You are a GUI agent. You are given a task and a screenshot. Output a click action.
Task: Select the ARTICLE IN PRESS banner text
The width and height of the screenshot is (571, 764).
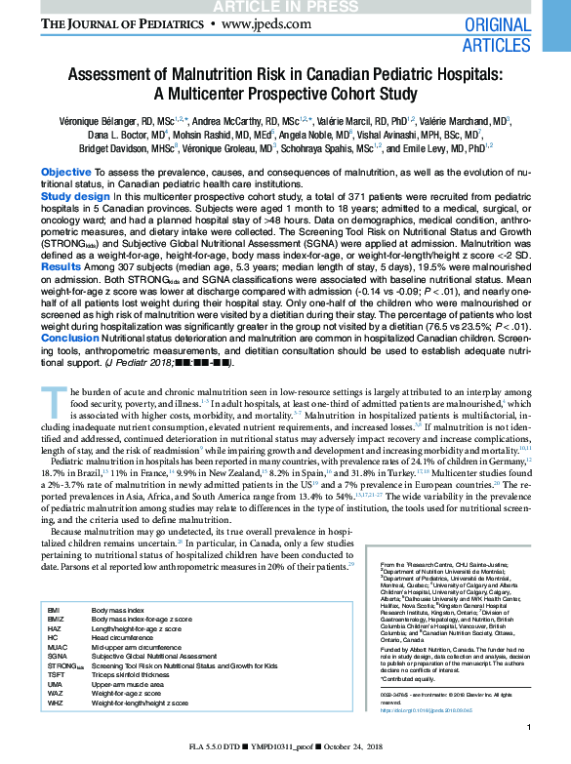click(x=285, y=7)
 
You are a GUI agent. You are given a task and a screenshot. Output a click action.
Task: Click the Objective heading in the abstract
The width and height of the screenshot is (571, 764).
click(x=66, y=172)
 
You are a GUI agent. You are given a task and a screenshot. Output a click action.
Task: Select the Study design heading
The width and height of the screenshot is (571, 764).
click(x=75, y=196)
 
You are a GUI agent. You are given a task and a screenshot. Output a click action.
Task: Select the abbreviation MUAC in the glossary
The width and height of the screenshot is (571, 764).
click(x=58, y=647)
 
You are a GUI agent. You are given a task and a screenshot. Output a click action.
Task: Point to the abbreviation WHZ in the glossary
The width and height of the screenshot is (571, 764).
click(x=56, y=703)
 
